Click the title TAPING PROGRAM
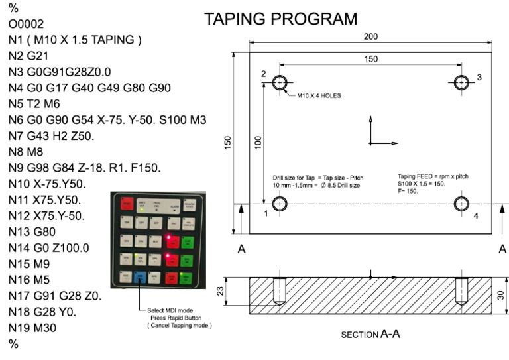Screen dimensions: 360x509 (280, 19)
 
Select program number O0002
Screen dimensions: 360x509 (27, 24)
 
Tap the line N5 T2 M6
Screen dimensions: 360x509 (36, 104)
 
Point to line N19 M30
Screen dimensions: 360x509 (36, 327)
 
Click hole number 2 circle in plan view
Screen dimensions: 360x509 (280, 83)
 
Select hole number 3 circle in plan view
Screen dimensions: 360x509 (462, 83)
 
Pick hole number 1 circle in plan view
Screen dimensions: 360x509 (280, 203)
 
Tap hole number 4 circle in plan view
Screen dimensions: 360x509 (462, 203)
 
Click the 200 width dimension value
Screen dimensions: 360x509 (371, 37)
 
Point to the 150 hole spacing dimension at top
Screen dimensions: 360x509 (371, 59)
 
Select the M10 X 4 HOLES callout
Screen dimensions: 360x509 (319, 95)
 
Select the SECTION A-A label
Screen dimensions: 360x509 (370, 335)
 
